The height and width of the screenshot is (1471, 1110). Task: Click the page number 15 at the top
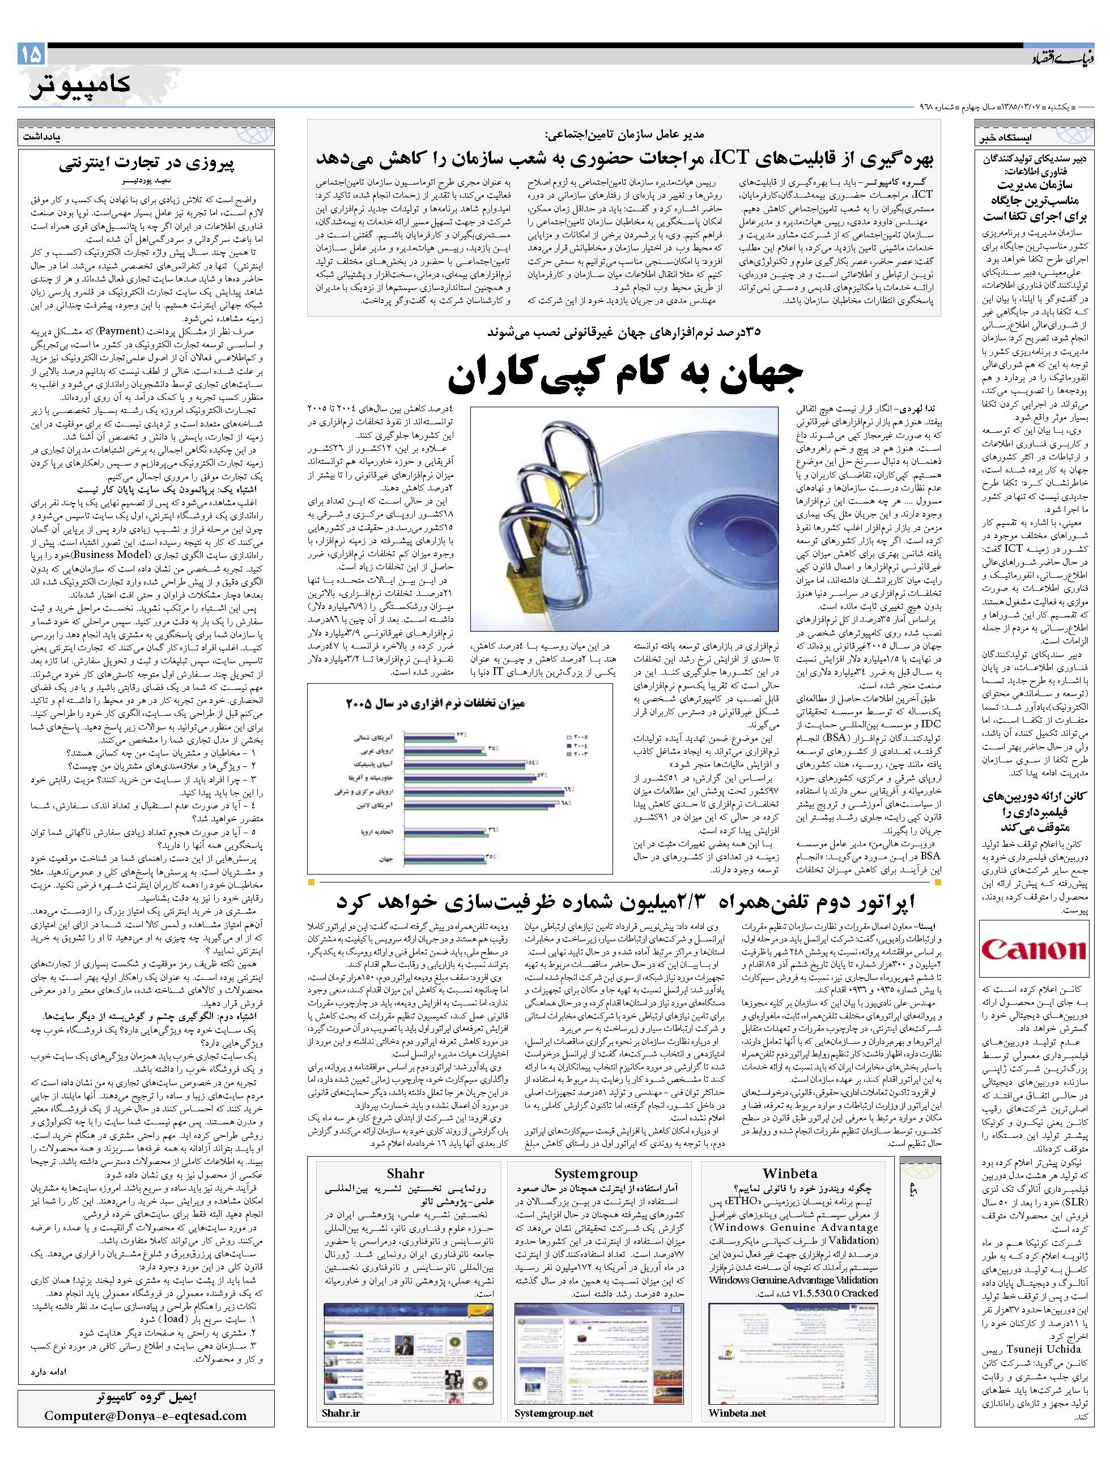[31, 53]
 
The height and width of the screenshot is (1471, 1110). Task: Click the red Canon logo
[1033, 948]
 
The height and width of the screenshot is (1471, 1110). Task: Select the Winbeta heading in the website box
[789, 1174]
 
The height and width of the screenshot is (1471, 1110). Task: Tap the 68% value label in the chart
[566, 803]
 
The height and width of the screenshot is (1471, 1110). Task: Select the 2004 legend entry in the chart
[579, 745]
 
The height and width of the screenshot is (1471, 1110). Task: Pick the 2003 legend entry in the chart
[579, 754]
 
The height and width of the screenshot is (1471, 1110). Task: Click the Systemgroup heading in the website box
[596, 1174]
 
